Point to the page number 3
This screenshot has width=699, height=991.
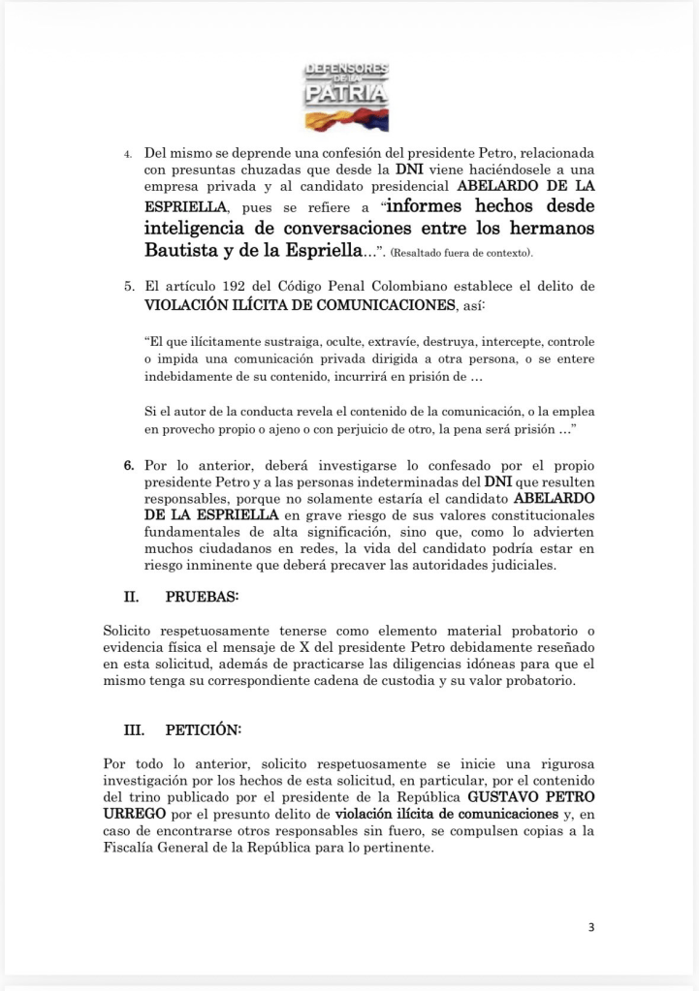[x=591, y=927]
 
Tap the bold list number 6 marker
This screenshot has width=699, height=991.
[x=127, y=465]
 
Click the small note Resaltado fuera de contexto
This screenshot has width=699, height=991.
[x=460, y=253]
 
